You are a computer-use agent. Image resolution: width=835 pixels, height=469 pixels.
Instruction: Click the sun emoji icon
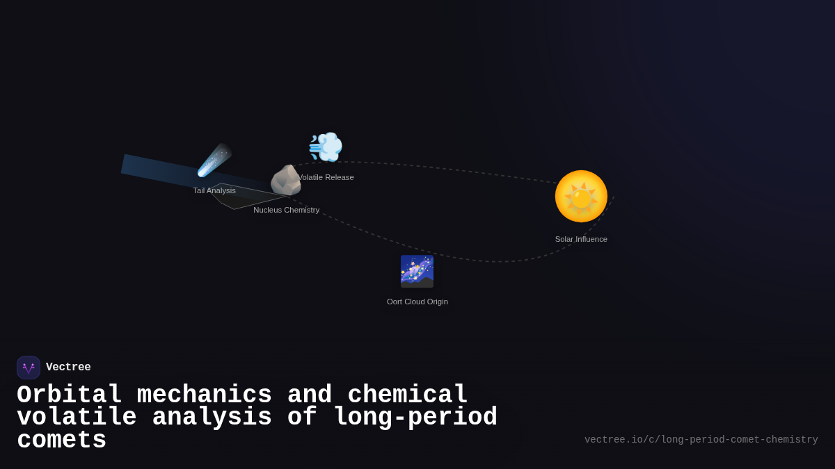coord(581,197)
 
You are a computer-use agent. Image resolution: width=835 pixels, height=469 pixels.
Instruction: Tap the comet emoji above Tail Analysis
coord(214,161)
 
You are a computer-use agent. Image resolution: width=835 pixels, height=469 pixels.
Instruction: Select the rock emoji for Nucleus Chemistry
coord(285,181)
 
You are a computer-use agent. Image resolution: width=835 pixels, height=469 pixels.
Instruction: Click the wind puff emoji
coord(326,147)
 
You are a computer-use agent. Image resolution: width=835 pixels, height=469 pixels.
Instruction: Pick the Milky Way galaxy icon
coord(417,271)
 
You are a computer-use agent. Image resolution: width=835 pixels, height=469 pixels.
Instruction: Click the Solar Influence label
coord(581,239)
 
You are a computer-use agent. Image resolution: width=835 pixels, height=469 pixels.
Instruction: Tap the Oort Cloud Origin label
coord(417,302)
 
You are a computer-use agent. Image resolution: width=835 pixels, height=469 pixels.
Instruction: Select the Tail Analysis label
coord(214,190)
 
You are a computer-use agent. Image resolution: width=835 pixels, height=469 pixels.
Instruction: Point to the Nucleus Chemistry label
coord(287,210)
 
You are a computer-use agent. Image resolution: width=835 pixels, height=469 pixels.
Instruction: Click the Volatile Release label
coord(326,177)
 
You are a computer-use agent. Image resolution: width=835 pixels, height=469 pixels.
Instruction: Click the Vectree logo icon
coord(29,368)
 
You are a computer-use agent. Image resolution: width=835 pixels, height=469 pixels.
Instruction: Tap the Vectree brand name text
coord(68,368)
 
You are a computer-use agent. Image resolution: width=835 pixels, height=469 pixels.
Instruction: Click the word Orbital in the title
coord(70,395)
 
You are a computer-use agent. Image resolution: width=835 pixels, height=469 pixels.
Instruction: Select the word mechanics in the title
coord(205,395)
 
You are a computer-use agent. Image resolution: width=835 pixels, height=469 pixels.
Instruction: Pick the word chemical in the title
coord(408,395)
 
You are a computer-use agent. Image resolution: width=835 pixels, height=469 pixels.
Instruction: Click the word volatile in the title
coord(77,418)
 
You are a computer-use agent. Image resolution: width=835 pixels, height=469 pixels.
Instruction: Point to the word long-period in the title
coord(415,418)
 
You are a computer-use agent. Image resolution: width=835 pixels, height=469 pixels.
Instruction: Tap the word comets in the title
coord(62,441)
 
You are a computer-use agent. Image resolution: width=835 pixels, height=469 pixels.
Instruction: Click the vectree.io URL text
coord(701,440)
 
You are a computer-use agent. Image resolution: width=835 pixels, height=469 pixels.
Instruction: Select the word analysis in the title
coord(212,418)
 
